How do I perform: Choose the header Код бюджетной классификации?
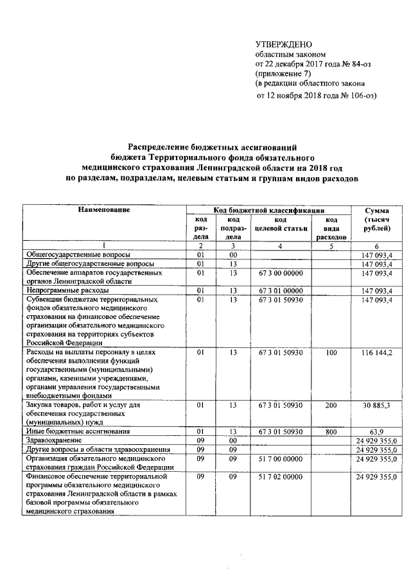click(x=268, y=210)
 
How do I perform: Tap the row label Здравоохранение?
click(x=54, y=441)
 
